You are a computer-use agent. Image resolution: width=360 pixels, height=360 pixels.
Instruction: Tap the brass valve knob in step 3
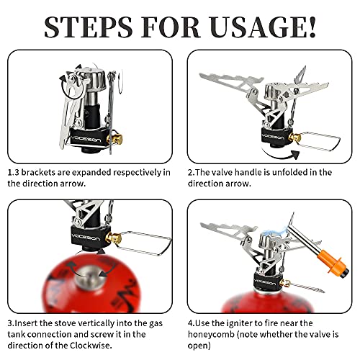pos(112,238)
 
